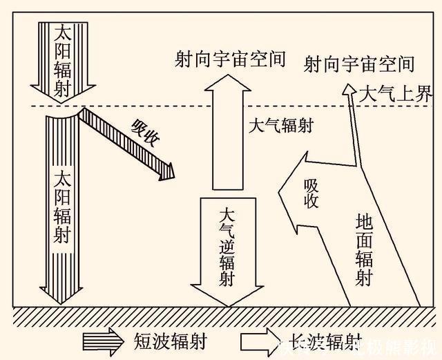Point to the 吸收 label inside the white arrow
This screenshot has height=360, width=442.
pos(311,192)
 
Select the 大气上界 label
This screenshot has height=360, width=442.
pos(396,94)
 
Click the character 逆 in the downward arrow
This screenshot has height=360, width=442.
pos(227,245)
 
